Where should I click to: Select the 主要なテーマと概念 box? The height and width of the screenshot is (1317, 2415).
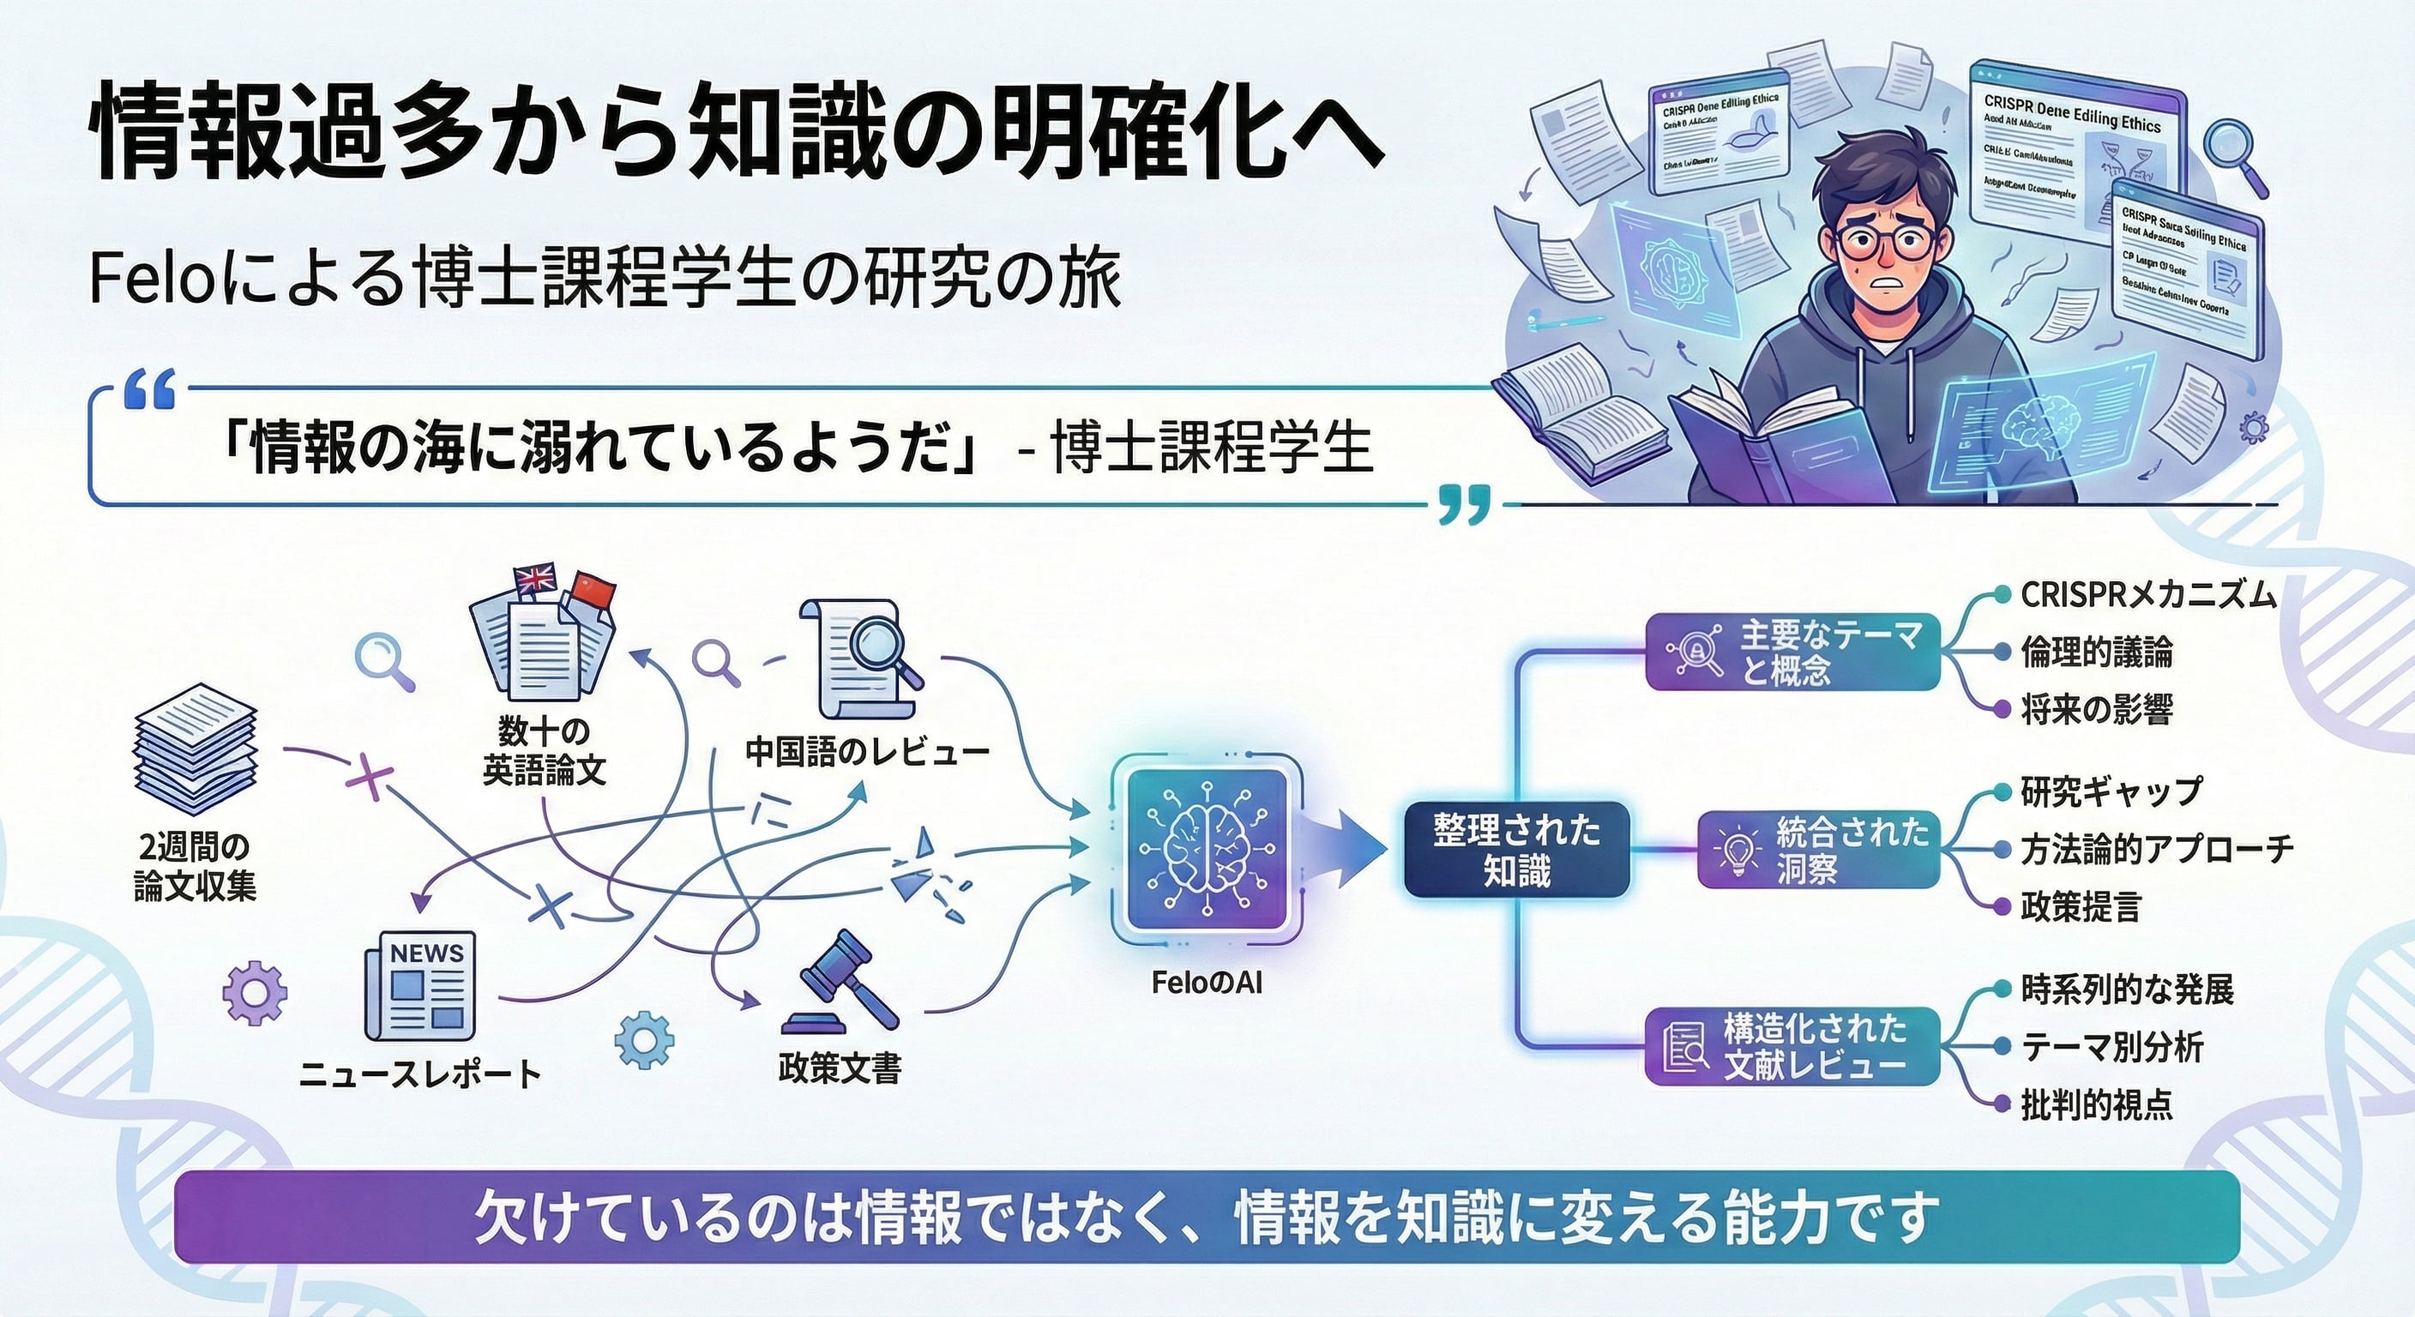(x=1792, y=652)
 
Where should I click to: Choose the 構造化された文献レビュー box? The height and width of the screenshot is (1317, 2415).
(x=1792, y=1047)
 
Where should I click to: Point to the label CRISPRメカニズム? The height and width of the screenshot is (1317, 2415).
(x=2147, y=594)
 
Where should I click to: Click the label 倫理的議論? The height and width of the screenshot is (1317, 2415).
(x=2096, y=652)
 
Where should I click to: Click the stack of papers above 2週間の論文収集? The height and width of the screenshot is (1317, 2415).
(x=195, y=750)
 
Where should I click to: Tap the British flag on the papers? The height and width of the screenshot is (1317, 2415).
(x=535, y=580)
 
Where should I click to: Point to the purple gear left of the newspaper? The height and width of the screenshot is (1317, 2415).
(x=255, y=992)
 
